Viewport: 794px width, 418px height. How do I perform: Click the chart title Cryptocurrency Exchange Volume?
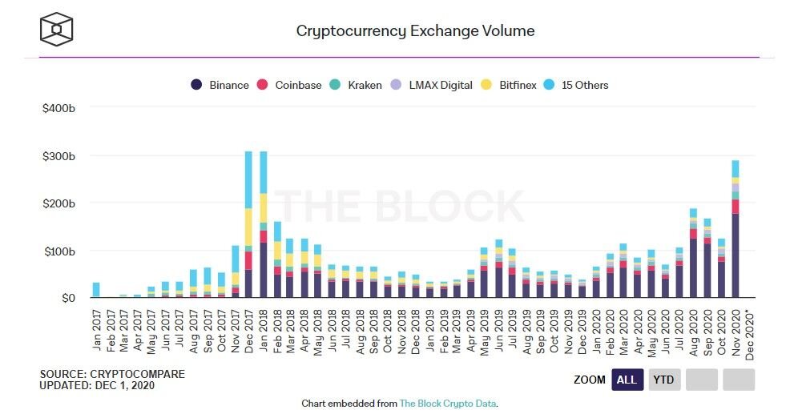[x=415, y=31]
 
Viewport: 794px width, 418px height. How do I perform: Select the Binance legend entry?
[x=220, y=85]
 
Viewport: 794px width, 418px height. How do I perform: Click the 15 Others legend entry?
[x=576, y=85]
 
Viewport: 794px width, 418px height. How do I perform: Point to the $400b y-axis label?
[x=59, y=107]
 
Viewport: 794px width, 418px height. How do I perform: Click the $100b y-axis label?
[x=59, y=251]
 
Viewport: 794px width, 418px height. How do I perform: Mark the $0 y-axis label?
[x=68, y=299]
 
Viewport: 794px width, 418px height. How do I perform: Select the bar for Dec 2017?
[x=248, y=224]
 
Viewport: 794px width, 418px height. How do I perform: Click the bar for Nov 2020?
[x=735, y=229]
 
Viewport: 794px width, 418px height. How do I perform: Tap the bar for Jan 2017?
[x=96, y=290]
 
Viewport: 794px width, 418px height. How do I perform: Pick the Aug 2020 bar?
[x=693, y=253]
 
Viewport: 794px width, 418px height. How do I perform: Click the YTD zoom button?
[x=664, y=380]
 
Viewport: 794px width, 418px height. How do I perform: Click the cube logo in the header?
[x=57, y=30]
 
